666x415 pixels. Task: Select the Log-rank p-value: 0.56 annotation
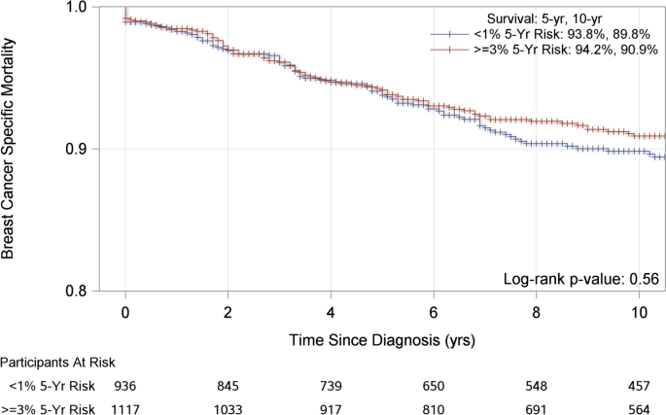click(581, 279)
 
